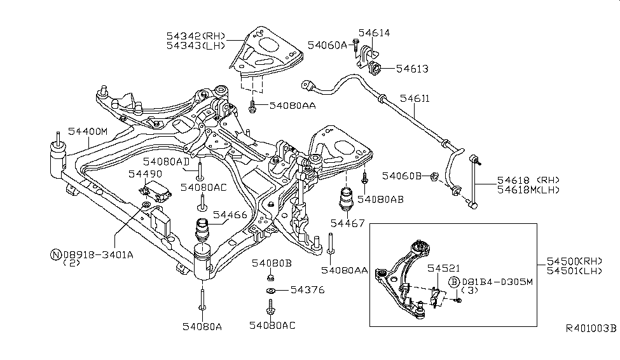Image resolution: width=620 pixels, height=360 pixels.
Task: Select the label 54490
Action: pyautogui.click(x=144, y=173)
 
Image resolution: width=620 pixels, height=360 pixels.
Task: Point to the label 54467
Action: pyautogui.click(x=347, y=223)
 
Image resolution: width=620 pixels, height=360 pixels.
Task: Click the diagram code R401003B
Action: pyautogui.click(x=591, y=329)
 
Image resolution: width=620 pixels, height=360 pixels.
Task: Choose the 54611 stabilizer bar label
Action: pyautogui.click(x=415, y=99)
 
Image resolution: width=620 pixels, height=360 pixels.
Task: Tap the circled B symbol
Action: pyautogui.click(x=455, y=282)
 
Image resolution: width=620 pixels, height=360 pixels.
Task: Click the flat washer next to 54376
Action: pyautogui.click(x=270, y=291)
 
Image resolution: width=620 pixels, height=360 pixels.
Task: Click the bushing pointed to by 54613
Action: pyautogui.click(x=375, y=68)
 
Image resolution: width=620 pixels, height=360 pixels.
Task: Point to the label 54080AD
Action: pyautogui.click(x=166, y=162)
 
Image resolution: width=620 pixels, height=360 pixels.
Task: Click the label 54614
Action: pyautogui.click(x=374, y=33)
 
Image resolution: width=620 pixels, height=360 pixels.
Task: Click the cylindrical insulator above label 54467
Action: pyautogui.click(x=348, y=198)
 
